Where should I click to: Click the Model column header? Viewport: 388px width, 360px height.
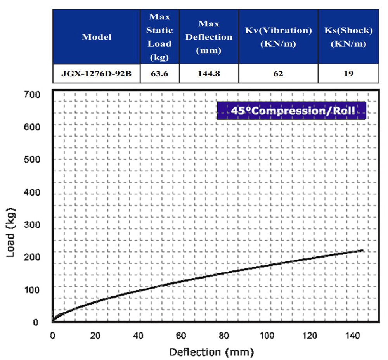coord(96,37)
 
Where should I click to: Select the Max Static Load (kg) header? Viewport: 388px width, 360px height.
coord(159,37)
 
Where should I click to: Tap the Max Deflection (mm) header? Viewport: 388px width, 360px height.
coord(209,37)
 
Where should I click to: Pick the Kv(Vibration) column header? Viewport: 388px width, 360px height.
coord(278,37)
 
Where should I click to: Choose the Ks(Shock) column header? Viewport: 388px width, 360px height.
coord(348,37)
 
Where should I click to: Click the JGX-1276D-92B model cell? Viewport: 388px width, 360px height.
coord(96,73)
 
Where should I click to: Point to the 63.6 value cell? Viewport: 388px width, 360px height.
coord(159,73)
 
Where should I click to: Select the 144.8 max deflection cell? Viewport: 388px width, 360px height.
coord(209,73)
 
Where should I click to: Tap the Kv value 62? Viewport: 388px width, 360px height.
coord(278,73)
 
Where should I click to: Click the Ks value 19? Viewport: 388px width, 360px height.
coord(348,73)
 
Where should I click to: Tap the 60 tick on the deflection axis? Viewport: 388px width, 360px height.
coord(181,335)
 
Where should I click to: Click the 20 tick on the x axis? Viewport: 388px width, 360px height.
coord(95,335)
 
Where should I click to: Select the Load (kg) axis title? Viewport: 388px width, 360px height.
coord(11,234)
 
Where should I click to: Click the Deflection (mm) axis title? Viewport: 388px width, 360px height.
coord(211,352)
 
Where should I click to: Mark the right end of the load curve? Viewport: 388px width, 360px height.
coord(362,250)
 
